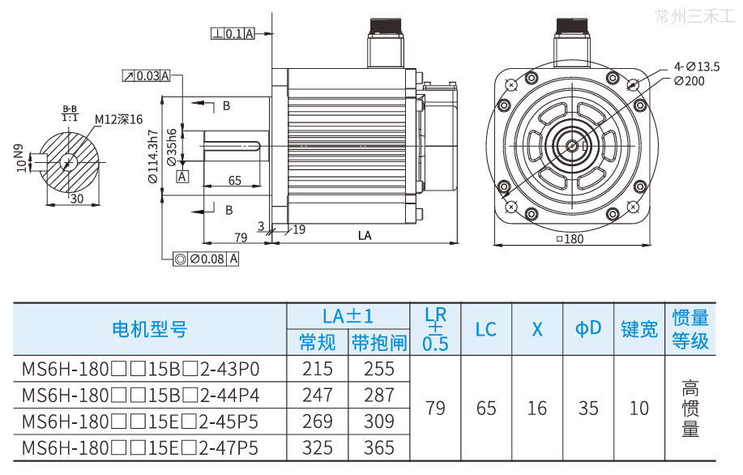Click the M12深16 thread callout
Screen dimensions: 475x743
(x=118, y=119)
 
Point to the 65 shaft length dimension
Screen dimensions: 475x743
(x=234, y=180)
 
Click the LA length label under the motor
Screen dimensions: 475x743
(x=365, y=236)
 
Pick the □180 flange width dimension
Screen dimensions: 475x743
(x=570, y=239)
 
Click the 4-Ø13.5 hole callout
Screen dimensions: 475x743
(x=696, y=66)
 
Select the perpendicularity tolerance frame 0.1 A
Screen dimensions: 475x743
(x=233, y=33)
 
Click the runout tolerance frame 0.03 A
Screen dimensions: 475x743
(x=147, y=75)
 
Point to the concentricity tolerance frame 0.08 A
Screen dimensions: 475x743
(x=207, y=259)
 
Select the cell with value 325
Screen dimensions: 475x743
(x=317, y=447)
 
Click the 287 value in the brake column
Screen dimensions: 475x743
(x=378, y=396)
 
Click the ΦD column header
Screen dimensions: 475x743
(x=588, y=328)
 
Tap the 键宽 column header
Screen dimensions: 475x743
(x=638, y=329)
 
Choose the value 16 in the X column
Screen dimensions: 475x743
(x=537, y=408)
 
